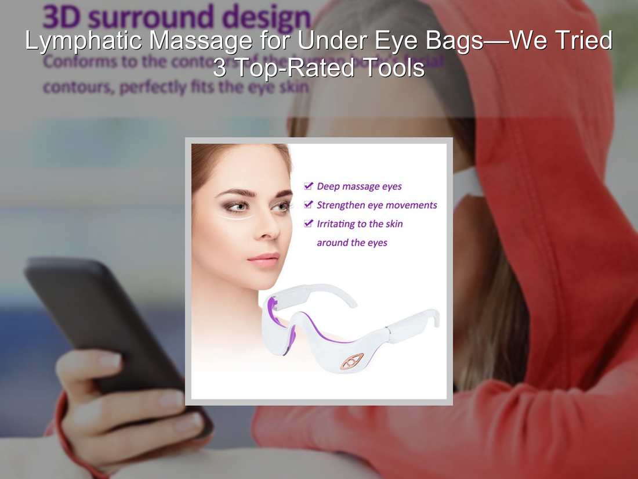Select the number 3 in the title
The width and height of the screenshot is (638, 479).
220,68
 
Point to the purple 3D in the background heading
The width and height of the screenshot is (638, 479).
63,18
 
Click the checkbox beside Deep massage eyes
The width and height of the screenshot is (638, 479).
309,186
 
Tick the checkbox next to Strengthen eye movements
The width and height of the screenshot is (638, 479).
309,205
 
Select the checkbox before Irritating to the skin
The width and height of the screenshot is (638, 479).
309,224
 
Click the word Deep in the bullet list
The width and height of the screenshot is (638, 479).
328,186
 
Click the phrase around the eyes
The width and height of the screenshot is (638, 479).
351,243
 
